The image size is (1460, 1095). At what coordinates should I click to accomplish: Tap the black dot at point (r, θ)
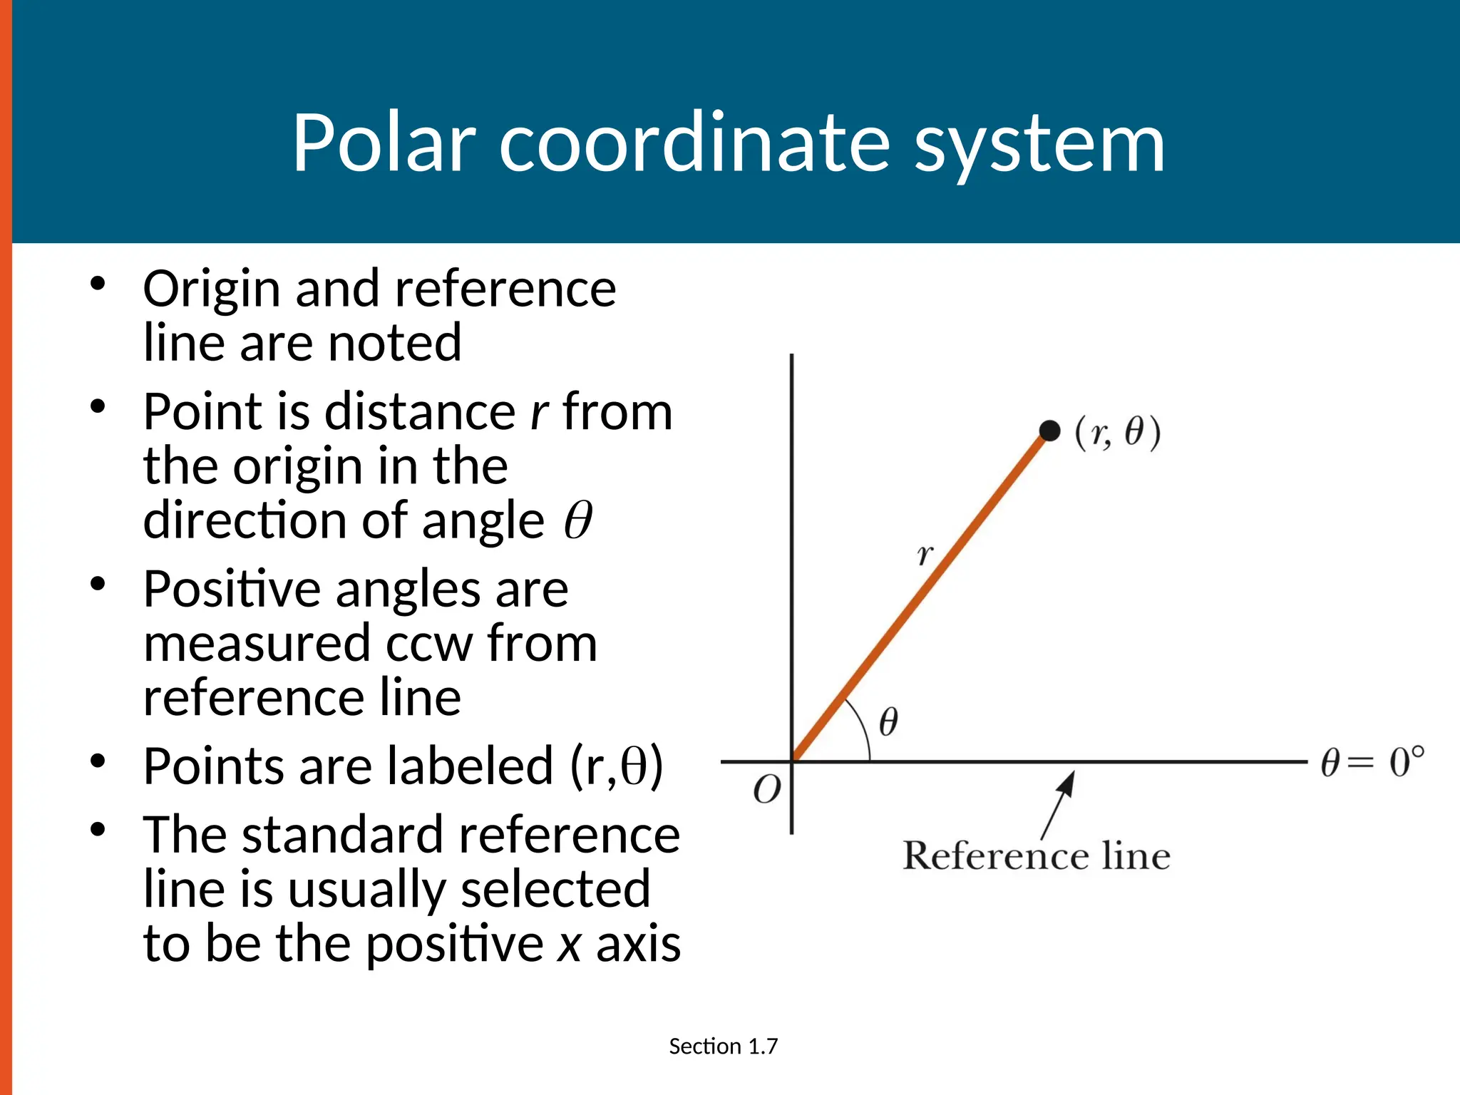(x=1049, y=431)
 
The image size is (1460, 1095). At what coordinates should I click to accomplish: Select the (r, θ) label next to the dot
(x=1118, y=433)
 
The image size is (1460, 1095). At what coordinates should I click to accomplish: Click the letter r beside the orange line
(x=925, y=554)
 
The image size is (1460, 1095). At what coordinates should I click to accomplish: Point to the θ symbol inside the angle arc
(x=888, y=721)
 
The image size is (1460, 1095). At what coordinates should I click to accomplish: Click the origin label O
(x=767, y=790)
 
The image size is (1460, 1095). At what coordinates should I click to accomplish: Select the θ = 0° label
(x=1372, y=762)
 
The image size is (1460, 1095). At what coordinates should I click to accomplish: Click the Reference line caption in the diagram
(x=1036, y=855)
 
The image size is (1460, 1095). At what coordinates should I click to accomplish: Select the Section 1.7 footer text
(x=723, y=1046)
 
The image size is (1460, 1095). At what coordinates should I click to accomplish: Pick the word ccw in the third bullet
(x=429, y=644)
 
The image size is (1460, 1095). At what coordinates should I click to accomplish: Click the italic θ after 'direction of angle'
(x=577, y=520)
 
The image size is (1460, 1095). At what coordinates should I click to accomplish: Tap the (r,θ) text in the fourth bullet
(x=617, y=766)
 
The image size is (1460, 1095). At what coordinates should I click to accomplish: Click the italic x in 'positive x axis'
(x=569, y=945)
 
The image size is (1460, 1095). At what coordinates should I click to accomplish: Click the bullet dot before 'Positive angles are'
(x=98, y=585)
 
